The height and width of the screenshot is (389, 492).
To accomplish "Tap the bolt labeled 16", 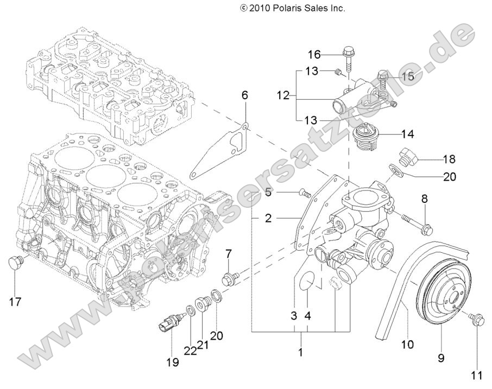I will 348,60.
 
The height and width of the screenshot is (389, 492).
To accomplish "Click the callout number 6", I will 244,95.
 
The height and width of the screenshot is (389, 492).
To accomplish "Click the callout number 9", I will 441,358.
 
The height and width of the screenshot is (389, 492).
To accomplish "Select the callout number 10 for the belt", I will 407,343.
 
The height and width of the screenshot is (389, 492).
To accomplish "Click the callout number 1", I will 300,352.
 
